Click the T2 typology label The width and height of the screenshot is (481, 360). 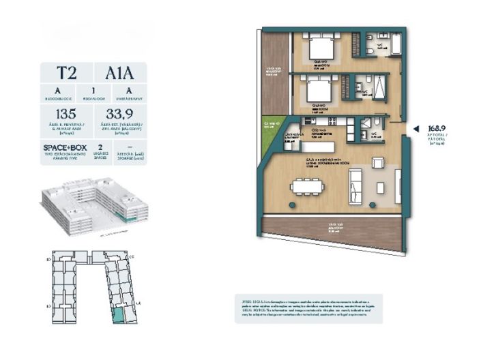[67, 73]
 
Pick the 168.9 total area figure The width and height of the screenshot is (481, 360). [436, 127]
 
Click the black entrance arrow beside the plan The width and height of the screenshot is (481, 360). [417, 127]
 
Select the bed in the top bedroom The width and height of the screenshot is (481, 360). [319, 49]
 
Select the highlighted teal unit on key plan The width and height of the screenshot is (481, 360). [119, 315]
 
